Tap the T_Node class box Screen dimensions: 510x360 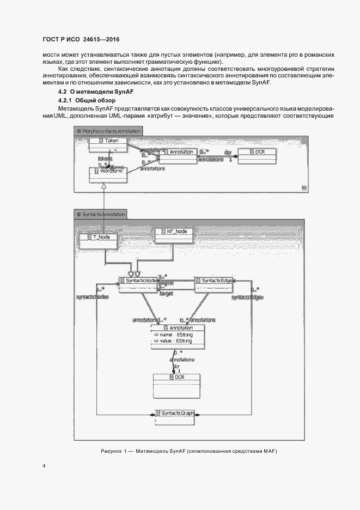[x=98, y=241]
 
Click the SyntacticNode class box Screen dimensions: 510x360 [x=138, y=283]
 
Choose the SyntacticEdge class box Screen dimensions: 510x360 [x=213, y=283]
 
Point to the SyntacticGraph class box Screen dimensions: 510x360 [x=174, y=416]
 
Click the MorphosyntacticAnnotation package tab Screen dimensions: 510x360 [x=108, y=131]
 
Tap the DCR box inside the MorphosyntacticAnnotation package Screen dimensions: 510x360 [x=256, y=156]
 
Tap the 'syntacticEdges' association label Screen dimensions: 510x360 [x=247, y=297]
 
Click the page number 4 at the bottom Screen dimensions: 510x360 [x=44, y=466]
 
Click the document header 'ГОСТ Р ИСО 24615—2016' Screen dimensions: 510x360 [x=81, y=40]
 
